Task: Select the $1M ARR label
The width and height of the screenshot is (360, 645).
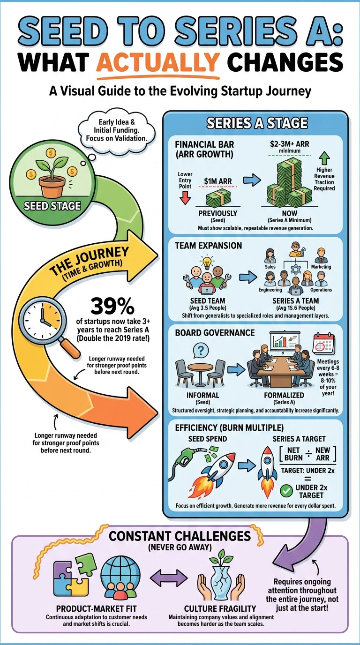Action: [x=218, y=180]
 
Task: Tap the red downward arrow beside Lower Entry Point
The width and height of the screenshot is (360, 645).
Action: [x=185, y=195]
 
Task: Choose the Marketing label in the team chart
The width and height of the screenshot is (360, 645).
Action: [x=321, y=267]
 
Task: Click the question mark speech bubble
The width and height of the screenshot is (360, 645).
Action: [x=201, y=350]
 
